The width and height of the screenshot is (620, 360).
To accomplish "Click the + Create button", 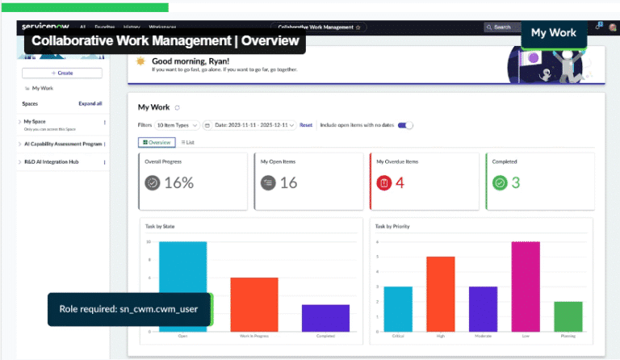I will [62, 73].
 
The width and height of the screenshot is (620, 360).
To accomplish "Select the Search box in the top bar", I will [502, 27].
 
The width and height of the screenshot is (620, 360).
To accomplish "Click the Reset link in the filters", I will [306, 125].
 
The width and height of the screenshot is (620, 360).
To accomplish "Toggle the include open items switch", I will [407, 125].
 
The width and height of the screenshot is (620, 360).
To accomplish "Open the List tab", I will [187, 142].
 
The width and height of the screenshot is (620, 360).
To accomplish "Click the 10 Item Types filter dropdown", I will [176, 125].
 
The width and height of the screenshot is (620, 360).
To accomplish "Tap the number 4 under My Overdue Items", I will [400, 182].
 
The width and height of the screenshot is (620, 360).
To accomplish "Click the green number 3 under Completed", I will [515, 182].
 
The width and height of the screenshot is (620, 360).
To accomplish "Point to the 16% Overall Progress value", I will [179, 182].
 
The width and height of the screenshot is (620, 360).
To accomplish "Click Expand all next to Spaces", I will [90, 103].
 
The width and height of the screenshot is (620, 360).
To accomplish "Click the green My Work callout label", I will [553, 32].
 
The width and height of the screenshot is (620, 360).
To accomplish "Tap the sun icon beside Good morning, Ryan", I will [141, 61].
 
